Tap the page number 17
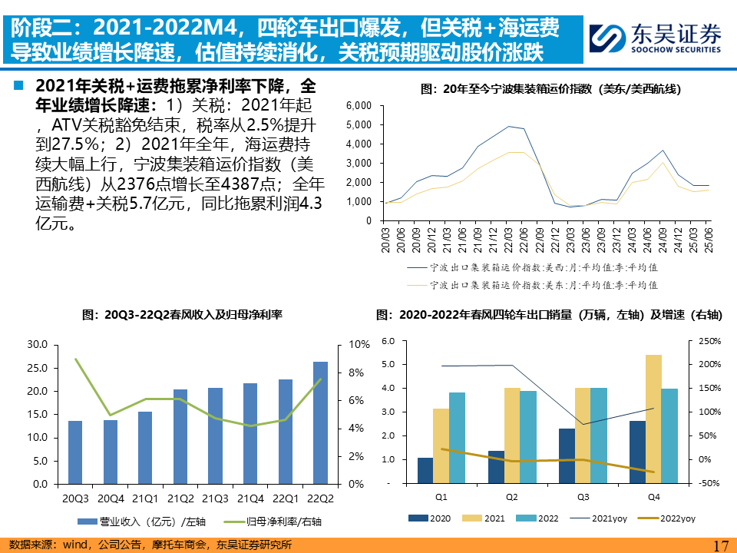tap(720, 545)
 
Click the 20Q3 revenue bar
tap(75, 452)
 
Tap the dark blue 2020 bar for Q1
tap(425, 470)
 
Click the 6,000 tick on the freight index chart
tap(359, 105)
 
